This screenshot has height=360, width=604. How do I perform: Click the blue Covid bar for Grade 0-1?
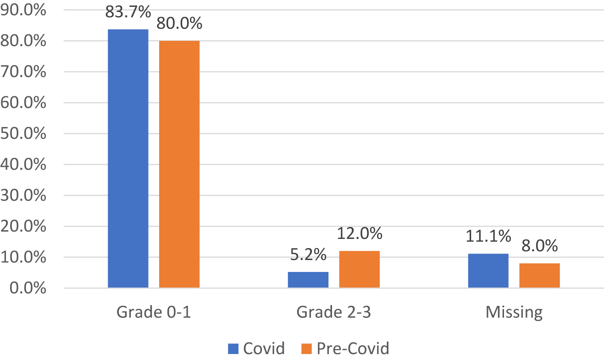128,159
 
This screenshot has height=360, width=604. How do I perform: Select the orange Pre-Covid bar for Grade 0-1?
179,164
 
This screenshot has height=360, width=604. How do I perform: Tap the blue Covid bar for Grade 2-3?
308,280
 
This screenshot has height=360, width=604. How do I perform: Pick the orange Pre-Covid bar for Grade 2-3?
360,270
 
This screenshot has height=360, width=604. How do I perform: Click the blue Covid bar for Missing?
488,271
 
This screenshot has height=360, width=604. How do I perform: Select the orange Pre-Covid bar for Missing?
539,276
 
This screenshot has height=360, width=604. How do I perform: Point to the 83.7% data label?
128,12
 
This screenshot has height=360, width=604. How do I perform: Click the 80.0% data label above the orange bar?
179,24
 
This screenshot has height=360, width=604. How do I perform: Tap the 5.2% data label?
308,255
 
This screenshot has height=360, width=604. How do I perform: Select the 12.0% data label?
360,234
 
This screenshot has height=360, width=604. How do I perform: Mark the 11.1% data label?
488,237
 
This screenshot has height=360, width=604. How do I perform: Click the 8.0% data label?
539,246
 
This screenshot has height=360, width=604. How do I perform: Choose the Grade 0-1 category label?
154,312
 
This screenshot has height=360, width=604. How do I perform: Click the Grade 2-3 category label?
334,312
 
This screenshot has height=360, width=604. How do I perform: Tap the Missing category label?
514,312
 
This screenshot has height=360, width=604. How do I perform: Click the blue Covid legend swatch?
233,349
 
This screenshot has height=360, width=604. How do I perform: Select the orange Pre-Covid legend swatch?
307,349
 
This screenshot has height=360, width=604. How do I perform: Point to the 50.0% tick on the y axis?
23,133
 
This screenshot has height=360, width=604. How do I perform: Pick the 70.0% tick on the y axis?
23,72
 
